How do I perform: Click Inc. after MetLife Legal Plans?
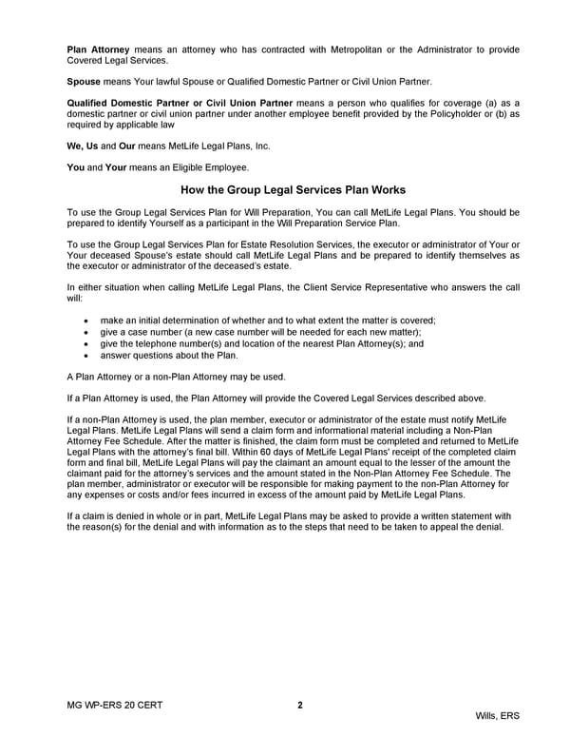click(x=261, y=147)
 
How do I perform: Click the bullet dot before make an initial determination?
click(x=87, y=321)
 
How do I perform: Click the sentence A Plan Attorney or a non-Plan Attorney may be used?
click(x=177, y=377)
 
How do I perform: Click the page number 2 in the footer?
click(x=300, y=705)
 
